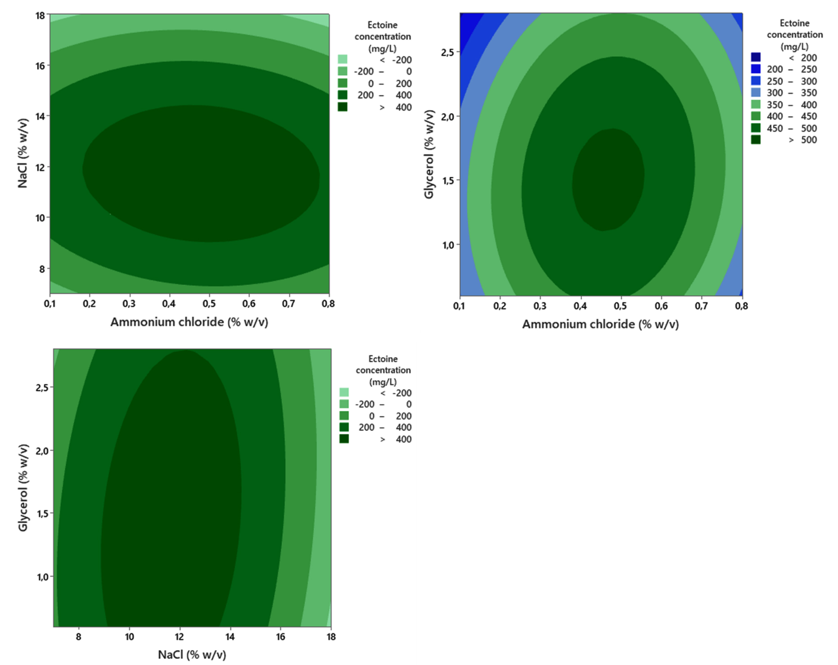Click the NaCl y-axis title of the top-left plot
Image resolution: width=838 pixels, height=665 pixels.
pyautogui.click(x=23, y=153)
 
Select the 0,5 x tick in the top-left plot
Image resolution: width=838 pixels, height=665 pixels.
pyautogui.click(x=209, y=304)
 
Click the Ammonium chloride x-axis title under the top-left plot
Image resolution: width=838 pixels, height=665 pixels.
pyautogui.click(x=189, y=322)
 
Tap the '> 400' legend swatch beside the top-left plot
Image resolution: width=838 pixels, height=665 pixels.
pyautogui.click(x=343, y=107)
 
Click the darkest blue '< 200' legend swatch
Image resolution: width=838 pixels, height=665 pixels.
pyautogui.click(x=756, y=58)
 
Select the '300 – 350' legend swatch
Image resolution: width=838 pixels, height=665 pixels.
pyautogui.click(x=756, y=93)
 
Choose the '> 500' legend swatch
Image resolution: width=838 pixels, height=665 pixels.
pyautogui.click(x=756, y=140)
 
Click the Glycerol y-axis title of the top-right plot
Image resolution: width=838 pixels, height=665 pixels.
pyautogui.click(x=429, y=154)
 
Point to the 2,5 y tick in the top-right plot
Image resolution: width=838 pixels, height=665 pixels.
pyautogui.click(x=447, y=52)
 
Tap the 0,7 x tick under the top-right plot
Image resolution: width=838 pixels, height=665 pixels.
pyautogui.click(x=701, y=306)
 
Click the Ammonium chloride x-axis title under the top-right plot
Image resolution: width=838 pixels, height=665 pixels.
pyautogui.click(x=600, y=324)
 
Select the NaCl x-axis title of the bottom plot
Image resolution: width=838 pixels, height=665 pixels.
pyautogui.click(x=192, y=655)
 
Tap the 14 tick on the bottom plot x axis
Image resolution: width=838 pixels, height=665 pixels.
pyautogui.click(x=230, y=637)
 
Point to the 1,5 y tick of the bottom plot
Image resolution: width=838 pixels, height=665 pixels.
pyautogui.click(x=42, y=513)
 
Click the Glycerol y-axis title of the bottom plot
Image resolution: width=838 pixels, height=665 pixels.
pyautogui.click(x=23, y=488)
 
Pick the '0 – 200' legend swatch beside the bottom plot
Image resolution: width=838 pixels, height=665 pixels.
pyautogui.click(x=344, y=416)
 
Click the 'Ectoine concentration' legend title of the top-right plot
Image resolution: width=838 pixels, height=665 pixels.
pyautogui.click(x=794, y=29)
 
